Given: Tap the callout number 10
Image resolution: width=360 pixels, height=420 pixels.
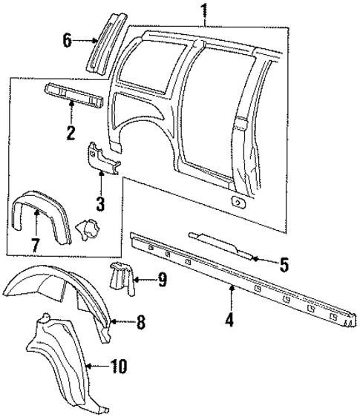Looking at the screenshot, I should [118, 366].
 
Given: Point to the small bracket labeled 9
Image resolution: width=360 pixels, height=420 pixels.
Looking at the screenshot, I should [122, 278].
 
